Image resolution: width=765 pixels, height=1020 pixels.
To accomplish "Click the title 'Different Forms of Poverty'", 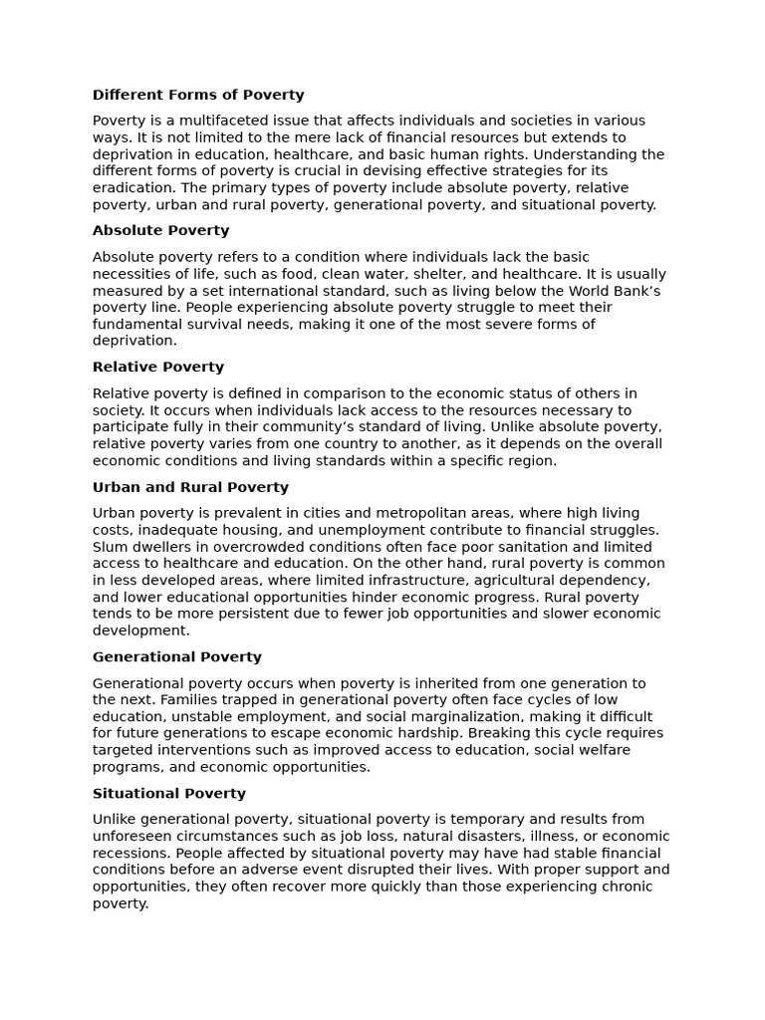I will click(x=198, y=96).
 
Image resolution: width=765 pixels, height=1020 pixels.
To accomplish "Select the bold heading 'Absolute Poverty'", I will click(x=160, y=231).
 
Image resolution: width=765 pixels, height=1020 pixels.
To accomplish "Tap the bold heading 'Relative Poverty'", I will click(x=158, y=368).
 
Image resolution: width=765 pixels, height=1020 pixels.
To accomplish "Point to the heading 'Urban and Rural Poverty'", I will click(x=190, y=488).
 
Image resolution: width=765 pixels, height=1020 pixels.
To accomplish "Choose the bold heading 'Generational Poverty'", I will click(x=176, y=657).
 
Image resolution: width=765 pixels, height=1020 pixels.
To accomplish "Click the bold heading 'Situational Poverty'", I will click(x=168, y=794).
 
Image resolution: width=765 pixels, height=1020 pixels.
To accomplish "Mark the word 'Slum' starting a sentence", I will click(x=110, y=547).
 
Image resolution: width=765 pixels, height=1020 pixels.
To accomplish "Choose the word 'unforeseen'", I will click(x=132, y=837).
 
